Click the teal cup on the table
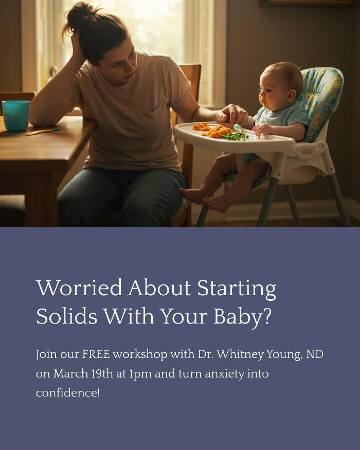point(16,116)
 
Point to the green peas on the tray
point(235,136)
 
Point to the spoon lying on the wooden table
point(43,132)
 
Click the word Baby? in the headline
point(242,317)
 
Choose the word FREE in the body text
point(96,354)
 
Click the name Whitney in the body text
point(240,355)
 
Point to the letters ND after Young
point(315,354)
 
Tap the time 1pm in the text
point(140,374)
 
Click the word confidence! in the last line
point(68,392)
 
